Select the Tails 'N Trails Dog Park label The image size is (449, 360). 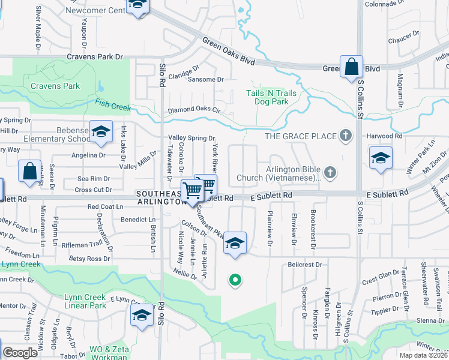click(x=271, y=97)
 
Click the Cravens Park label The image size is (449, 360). click(x=55, y=86)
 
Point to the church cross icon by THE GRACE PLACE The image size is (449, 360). click(x=345, y=136)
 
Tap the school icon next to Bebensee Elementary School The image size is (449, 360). click(x=101, y=132)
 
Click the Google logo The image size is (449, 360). click(x=20, y=353)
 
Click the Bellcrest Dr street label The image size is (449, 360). click(x=305, y=264)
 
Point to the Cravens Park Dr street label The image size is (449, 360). click(x=95, y=56)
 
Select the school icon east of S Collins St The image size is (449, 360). click(x=381, y=158)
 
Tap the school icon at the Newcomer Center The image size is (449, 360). click(x=137, y=6)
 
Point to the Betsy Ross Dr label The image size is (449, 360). click(x=89, y=259)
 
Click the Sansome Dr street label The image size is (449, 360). click(x=205, y=79)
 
